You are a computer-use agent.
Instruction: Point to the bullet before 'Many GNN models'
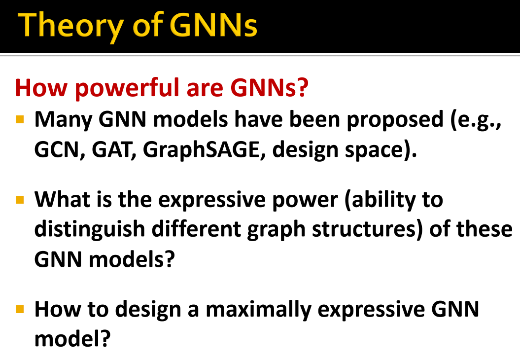[20, 119]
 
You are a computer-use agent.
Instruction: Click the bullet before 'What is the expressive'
[20, 200]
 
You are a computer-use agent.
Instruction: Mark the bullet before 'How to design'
[20, 310]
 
